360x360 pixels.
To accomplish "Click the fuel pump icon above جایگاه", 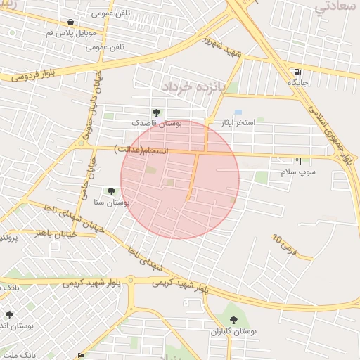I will [x=298, y=72].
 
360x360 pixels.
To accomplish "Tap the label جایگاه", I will [x=298, y=82].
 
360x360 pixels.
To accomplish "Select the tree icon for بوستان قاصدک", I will [x=156, y=112].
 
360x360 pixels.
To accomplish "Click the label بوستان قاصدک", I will [x=157, y=123].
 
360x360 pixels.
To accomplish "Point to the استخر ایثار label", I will [x=234, y=123].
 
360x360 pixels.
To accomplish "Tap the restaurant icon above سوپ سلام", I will [x=298, y=161].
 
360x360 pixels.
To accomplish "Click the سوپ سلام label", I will [x=298, y=172].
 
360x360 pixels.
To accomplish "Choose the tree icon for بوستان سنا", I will [x=111, y=191].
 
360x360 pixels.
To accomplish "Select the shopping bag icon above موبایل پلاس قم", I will [x=70, y=22].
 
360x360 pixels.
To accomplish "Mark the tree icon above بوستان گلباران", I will [x=233, y=320].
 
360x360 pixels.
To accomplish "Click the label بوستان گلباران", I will [x=233, y=330].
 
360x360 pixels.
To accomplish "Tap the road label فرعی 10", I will [x=285, y=243].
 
